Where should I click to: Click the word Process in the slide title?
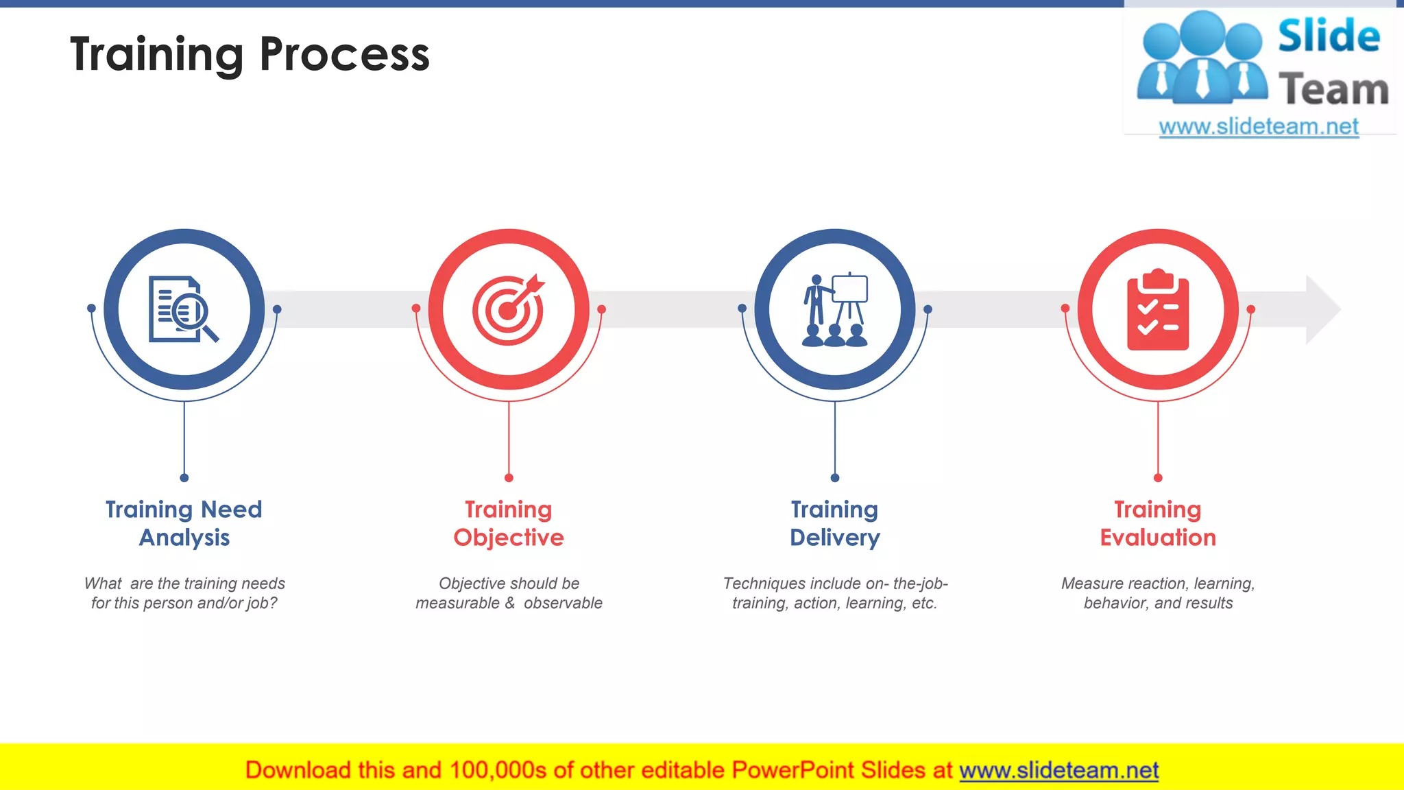point(344,55)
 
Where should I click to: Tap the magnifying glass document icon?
point(183,309)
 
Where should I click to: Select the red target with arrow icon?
point(508,309)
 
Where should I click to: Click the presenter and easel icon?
point(834,309)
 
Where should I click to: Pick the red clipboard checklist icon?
point(1158,310)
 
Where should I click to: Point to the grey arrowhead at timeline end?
point(1322,309)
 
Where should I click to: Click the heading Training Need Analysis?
point(184,523)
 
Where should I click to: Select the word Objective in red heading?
point(508,538)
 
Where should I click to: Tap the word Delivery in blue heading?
point(834,538)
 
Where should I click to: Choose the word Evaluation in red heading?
point(1158,538)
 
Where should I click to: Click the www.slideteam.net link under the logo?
point(1258,127)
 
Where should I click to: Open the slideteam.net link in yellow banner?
point(1058,770)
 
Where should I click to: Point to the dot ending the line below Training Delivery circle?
point(834,478)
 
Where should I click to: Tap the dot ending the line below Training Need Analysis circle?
point(184,478)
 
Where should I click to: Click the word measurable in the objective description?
point(457,603)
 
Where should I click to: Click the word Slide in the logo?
point(1329,37)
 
